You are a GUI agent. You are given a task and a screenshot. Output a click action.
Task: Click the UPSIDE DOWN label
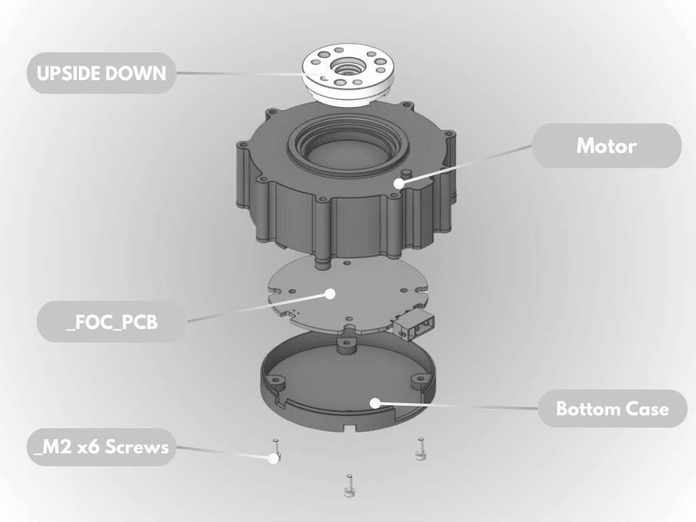point(101,73)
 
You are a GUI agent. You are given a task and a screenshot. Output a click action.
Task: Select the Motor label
point(606,145)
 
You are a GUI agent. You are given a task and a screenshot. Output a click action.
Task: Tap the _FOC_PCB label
point(112,321)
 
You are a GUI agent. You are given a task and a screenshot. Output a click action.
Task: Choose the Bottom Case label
point(612,408)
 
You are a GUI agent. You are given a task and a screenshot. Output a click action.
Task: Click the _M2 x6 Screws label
point(101,447)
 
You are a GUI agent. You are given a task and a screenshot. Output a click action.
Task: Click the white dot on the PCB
point(330,294)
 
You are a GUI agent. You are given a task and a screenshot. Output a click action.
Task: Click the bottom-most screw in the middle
point(349,485)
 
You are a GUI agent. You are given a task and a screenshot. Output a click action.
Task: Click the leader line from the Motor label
point(469,163)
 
